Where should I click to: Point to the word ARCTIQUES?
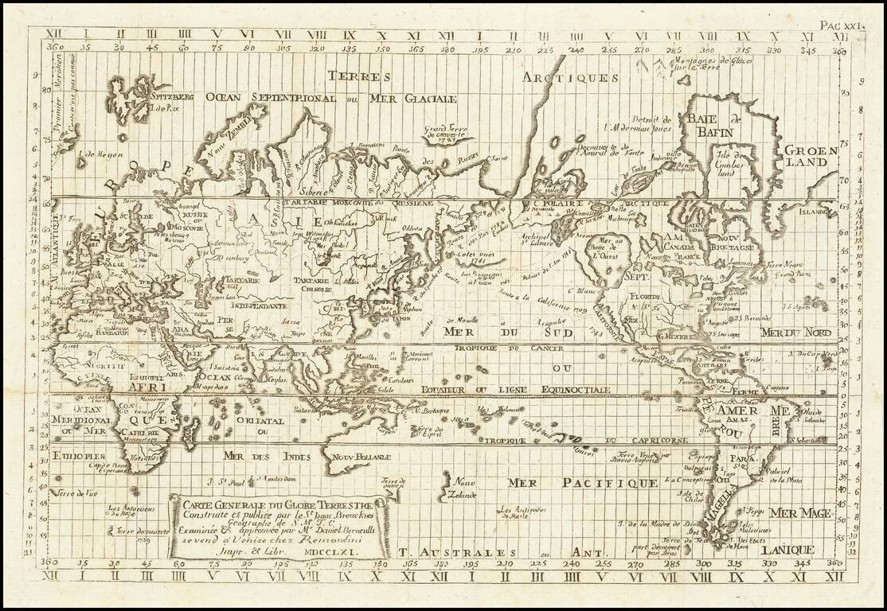(x=570, y=77)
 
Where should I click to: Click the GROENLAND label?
(x=809, y=156)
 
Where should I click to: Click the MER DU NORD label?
(x=796, y=332)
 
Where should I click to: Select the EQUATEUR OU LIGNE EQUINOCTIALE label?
(x=517, y=389)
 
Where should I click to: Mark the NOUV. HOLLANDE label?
(x=362, y=457)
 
